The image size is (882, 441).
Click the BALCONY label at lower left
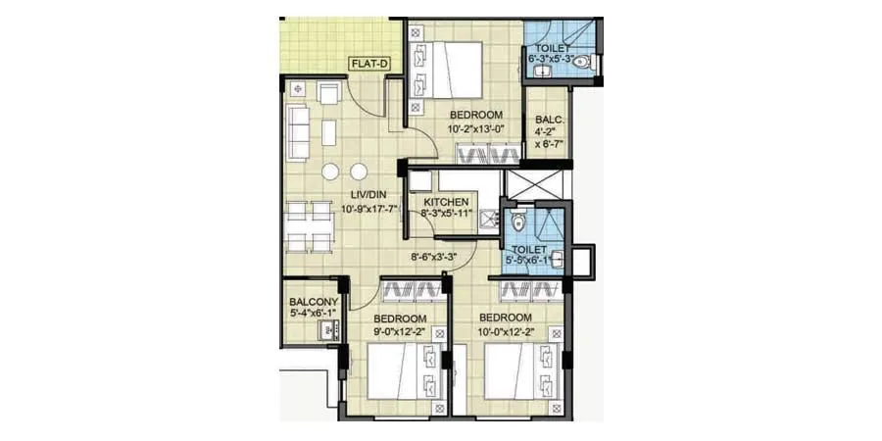314,302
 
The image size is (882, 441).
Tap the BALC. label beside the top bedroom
549,122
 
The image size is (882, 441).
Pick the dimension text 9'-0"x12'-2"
400,333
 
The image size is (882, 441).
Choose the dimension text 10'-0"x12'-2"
506,333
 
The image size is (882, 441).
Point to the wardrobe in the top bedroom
487,155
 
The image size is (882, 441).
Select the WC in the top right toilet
582,63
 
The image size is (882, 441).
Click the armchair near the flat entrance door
329,94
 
